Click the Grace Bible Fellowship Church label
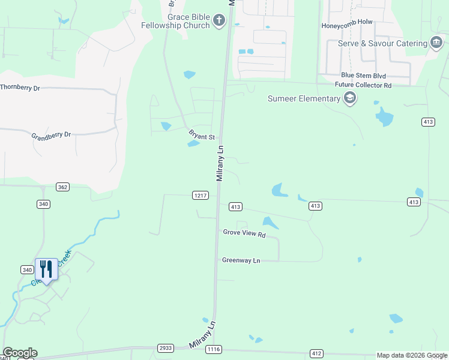point(175,21)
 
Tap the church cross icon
point(219,22)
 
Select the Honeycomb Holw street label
point(347,23)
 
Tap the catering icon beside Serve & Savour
point(436,43)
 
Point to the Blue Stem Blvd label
point(363,76)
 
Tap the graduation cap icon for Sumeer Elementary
point(350,99)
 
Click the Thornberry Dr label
point(19,88)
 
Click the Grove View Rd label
point(244,233)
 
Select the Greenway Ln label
point(241,260)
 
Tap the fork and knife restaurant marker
point(46,268)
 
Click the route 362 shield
point(62,187)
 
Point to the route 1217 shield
point(200,195)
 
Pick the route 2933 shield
point(166,348)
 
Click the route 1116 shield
point(213,349)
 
